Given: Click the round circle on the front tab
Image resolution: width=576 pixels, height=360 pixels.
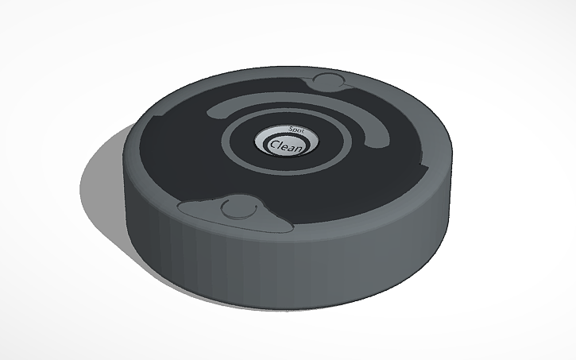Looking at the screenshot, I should [x=235, y=209].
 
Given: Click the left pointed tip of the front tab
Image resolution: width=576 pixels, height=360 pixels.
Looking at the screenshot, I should [x=182, y=208].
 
